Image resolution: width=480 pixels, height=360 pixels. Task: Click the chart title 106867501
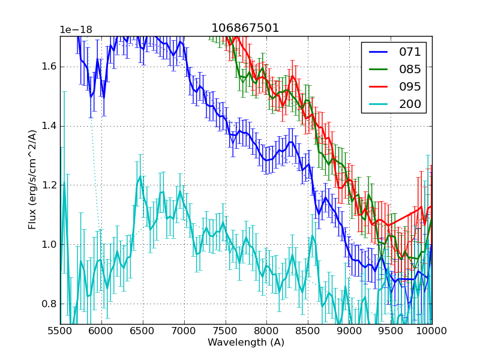click(x=245, y=28)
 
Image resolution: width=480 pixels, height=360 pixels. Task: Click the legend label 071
click(x=410, y=52)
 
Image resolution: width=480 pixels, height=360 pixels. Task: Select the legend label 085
click(x=410, y=70)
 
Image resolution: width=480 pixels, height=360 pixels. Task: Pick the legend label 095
click(x=410, y=87)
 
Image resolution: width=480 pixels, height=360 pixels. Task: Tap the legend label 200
click(x=410, y=104)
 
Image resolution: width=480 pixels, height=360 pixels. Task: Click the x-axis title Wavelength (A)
click(x=246, y=343)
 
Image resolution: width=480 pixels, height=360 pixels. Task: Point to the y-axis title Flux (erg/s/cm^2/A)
click(x=32, y=180)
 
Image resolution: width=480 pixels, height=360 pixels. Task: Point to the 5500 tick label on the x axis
click(x=60, y=331)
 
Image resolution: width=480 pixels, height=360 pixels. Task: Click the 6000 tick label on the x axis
click(x=101, y=331)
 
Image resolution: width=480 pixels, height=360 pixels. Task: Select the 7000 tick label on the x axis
click(x=184, y=331)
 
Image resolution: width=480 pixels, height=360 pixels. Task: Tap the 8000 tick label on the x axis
click(x=266, y=331)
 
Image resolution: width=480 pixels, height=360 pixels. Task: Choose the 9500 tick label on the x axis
click(x=391, y=331)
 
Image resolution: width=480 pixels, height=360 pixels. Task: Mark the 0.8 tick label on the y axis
click(x=48, y=304)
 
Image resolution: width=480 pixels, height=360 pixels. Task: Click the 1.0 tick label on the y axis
click(x=48, y=244)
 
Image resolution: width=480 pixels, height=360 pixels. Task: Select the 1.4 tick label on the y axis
click(x=48, y=125)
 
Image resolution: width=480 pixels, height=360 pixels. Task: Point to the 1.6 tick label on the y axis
click(x=48, y=66)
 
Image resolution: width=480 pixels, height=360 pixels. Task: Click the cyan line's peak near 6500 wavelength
click(x=140, y=176)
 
